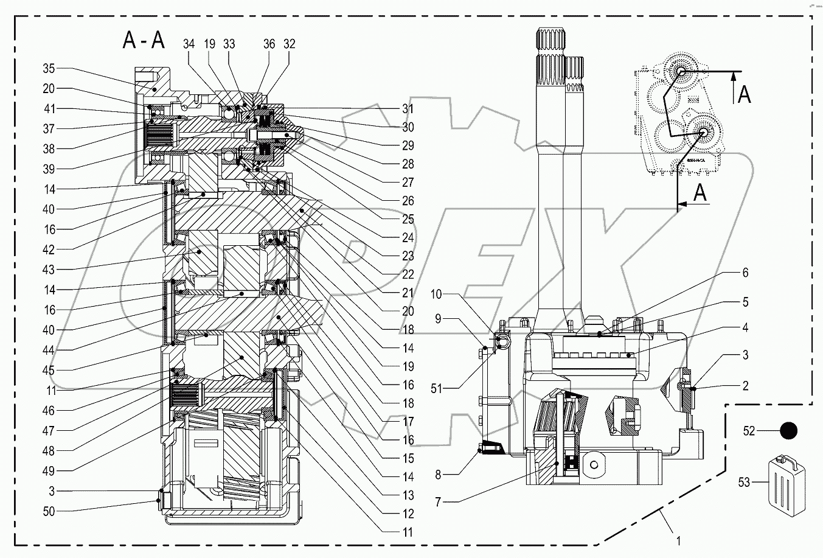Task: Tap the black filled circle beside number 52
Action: pos(788,431)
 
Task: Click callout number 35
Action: pos(49,69)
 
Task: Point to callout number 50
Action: pos(49,512)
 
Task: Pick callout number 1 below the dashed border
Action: pos(678,539)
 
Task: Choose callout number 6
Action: pos(745,273)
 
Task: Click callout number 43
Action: pos(49,270)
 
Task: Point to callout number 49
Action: pos(49,471)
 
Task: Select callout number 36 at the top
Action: pos(269,44)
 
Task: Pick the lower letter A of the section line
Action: pos(700,194)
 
